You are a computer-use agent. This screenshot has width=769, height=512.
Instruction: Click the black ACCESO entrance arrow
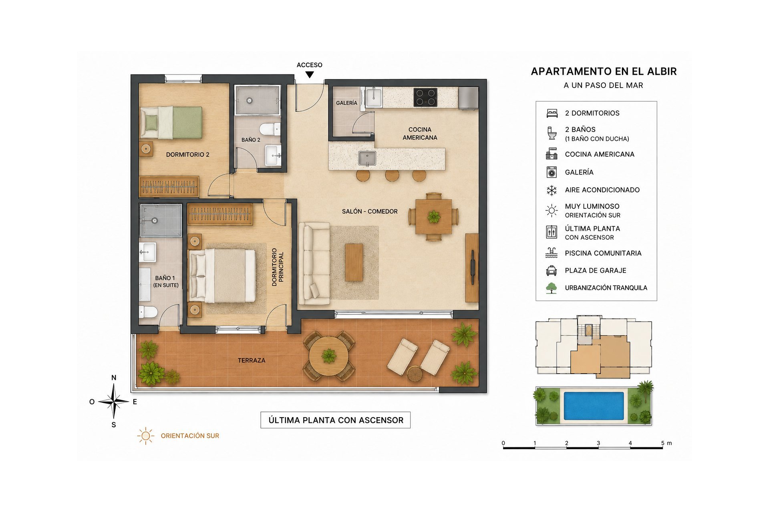pos(310,75)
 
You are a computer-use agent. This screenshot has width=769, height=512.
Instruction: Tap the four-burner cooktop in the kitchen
pos(425,97)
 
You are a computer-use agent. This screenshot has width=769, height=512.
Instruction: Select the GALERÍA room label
pos(346,103)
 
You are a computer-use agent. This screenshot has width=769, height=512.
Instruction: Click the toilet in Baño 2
pos(270,129)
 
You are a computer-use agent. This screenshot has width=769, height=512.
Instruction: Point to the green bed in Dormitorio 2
pos(171,122)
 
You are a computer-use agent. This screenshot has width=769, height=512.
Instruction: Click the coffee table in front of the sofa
pos(354,262)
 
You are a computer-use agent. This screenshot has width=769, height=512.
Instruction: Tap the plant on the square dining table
pos(434,217)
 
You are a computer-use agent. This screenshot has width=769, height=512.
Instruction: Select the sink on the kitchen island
pos(367,158)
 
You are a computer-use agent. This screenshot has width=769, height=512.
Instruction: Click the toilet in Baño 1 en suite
pos(148,312)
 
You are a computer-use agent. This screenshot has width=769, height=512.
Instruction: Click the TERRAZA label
pos(252,360)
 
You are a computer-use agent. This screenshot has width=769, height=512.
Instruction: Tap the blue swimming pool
pos(594,406)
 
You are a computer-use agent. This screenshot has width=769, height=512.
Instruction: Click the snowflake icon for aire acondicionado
pos(552,190)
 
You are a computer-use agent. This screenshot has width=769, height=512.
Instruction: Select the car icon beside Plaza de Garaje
pos(552,271)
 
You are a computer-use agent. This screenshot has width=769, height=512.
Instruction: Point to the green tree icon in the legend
pos(552,288)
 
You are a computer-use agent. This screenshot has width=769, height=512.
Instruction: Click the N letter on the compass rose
pos(114,378)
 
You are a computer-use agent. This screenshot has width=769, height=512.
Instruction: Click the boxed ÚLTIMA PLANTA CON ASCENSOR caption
pos(336,420)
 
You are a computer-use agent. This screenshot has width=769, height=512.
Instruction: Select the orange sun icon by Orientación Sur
pos(146,436)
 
